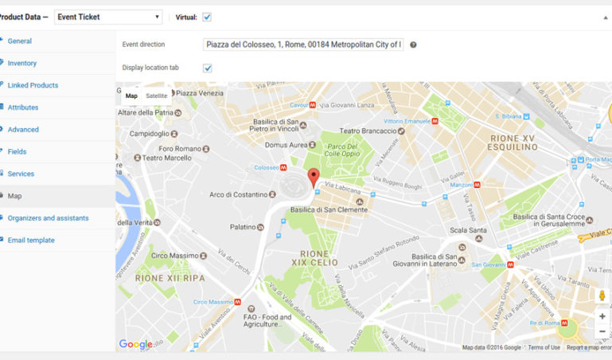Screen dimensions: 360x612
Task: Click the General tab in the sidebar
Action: coord(20,41)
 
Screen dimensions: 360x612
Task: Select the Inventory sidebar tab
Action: coord(22,63)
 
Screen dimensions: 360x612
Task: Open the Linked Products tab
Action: coord(33,85)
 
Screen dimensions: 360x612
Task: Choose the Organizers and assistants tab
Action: coord(48,217)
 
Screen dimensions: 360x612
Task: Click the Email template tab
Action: coord(31,240)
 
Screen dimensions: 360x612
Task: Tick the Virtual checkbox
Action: coord(207,17)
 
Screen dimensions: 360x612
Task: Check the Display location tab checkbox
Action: coord(207,68)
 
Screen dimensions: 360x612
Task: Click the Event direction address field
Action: coord(303,45)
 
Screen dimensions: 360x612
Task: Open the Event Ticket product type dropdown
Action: coord(107,17)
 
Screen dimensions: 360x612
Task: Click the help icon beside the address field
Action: coord(413,45)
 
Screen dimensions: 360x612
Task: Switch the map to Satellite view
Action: coord(157,96)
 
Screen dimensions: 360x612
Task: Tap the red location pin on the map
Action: coord(313,177)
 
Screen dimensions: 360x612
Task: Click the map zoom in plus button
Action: coord(602,316)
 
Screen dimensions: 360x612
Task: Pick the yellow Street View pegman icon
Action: coord(602,296)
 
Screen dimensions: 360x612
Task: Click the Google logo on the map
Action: coord(135,344)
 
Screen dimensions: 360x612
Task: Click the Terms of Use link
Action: coord(544,347)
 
